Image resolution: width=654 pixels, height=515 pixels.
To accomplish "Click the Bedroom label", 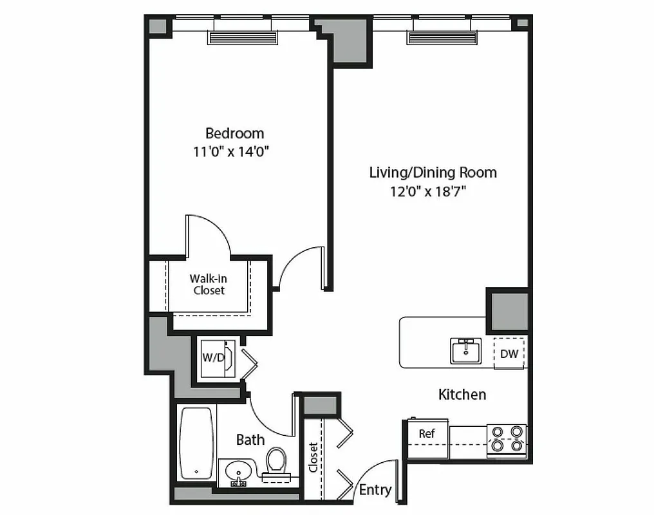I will point(234,133).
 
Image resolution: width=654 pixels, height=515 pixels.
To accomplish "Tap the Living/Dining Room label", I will point(433,173).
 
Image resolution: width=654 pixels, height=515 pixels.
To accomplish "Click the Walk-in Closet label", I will point(208,285).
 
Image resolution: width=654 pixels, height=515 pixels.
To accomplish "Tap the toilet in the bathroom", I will point(277,461).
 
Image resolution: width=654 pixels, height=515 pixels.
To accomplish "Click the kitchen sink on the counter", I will point(466,351).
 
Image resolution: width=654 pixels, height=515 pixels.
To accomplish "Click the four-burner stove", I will point(506,438).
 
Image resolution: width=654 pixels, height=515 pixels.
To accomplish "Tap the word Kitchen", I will point(462,394).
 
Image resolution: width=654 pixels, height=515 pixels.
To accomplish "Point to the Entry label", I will point(375,490).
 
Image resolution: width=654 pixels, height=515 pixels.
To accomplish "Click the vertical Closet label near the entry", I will point(313,457).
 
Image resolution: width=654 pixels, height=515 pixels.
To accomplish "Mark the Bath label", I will point(250,440).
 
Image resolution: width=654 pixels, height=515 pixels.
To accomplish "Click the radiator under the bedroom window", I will point(242,37).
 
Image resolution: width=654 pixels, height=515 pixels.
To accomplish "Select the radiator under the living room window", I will point(442,38).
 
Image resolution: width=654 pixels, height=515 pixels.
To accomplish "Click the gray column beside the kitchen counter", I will point(507,311).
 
